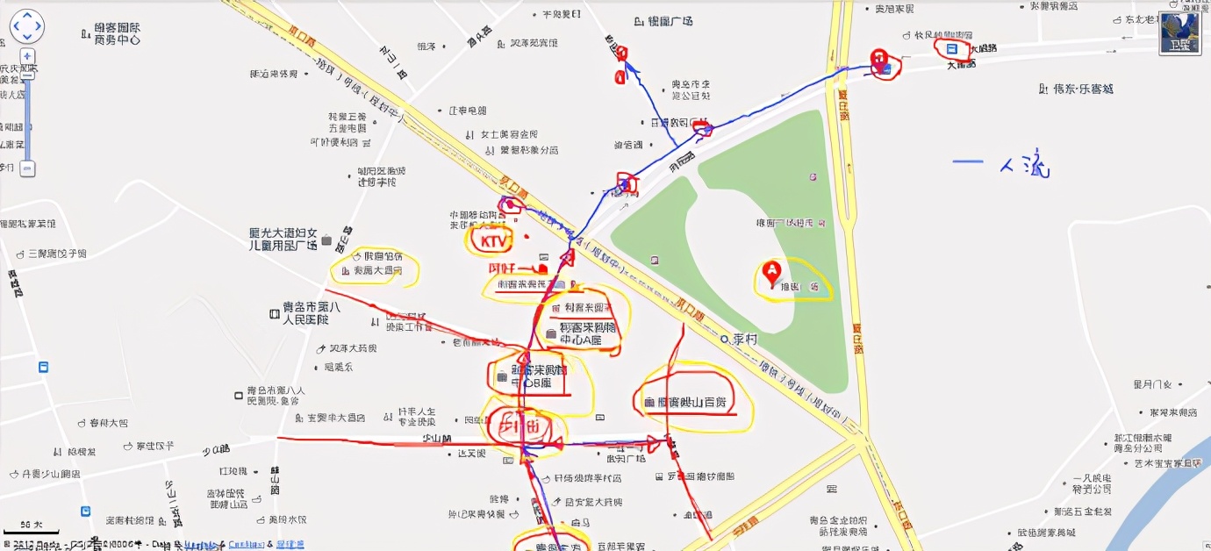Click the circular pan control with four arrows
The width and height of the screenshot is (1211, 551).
pyautogui.click(x=27, y=27)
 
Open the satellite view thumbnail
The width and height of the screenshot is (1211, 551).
pyautogui.click(x=1179, y=33)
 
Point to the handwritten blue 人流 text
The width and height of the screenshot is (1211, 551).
pyautogui.click(x=1027, y=163)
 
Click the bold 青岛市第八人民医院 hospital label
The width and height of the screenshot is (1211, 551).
pyautogui.click(x=305, y=314)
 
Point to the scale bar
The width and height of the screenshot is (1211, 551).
pyautogui.click(x=31, y=530)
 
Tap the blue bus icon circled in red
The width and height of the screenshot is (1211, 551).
pyautogui.click(x=951, y=49)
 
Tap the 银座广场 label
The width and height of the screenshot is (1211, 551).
pyautogui.click(x=663, y=21)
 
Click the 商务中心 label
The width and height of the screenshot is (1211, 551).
pyautogui.click(x=117, y=33)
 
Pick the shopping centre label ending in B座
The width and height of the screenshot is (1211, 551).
pyautogui.click(x=531, y=376)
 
